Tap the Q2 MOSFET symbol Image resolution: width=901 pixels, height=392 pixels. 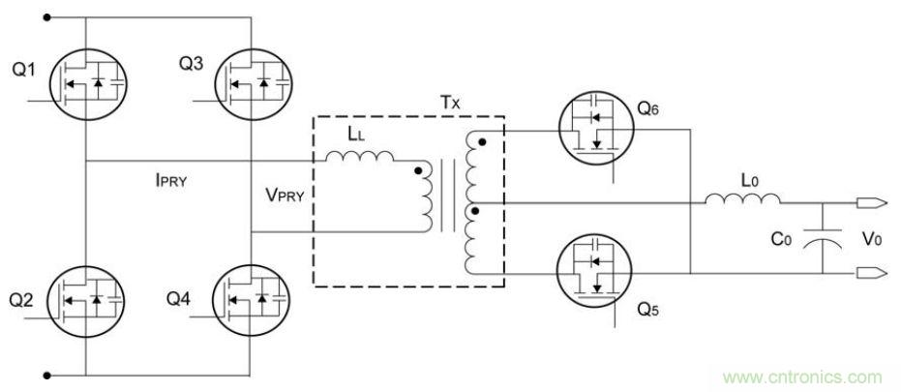click(86, 301)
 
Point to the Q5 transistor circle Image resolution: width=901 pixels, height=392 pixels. click(596, 272)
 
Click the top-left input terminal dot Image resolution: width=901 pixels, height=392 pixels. click(45, 16)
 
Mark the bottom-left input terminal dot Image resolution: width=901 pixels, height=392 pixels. click(45, 373)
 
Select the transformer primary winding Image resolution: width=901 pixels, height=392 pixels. click(426, 199)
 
